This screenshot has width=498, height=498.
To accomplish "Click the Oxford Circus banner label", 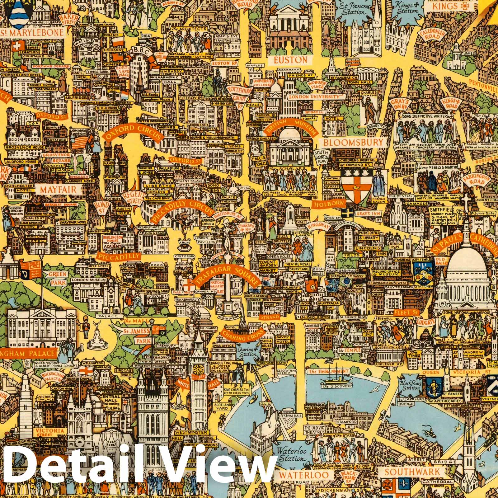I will (x=132, y=133).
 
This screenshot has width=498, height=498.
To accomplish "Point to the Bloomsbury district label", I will (x=353, y=143).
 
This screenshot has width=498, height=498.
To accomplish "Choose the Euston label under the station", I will (x=290, y=59).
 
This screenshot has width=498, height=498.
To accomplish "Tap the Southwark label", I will (x=412, y=472).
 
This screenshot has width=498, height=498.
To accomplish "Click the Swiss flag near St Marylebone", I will (x=16, y=45).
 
